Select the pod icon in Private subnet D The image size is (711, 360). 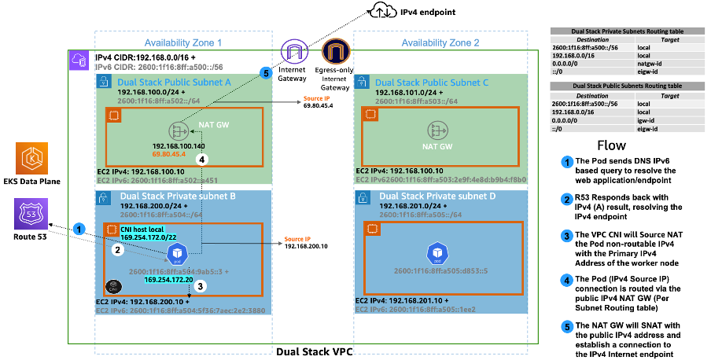tap(438, 253)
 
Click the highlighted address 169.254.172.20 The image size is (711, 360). tap(169, 279)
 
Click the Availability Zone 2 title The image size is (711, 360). tap(440, 42)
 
